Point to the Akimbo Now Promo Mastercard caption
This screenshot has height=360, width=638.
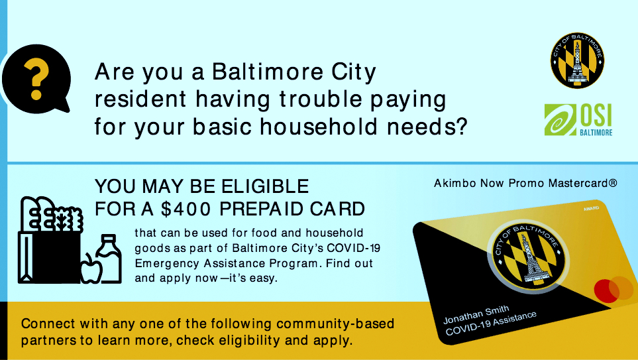pos(525,183)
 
